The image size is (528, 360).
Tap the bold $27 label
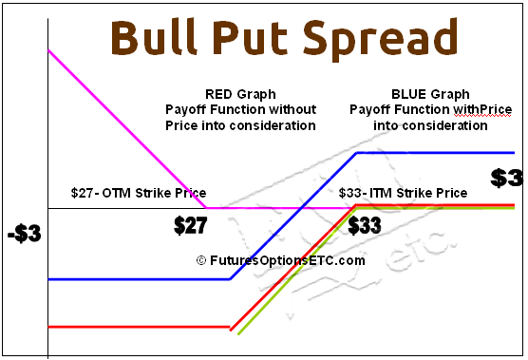[190, 227]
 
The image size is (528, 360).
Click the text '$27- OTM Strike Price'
[139, 193]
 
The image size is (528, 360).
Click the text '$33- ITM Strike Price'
[403, 193]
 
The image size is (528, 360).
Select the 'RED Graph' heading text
[240, 94]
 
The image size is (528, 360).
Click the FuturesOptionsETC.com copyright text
[281, 260]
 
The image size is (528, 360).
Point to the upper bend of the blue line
[355, 152]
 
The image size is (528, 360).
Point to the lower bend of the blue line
[230, 279]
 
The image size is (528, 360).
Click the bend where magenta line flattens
[208, 207]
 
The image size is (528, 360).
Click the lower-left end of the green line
[238, 334]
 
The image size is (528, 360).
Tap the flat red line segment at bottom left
[138, 327]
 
